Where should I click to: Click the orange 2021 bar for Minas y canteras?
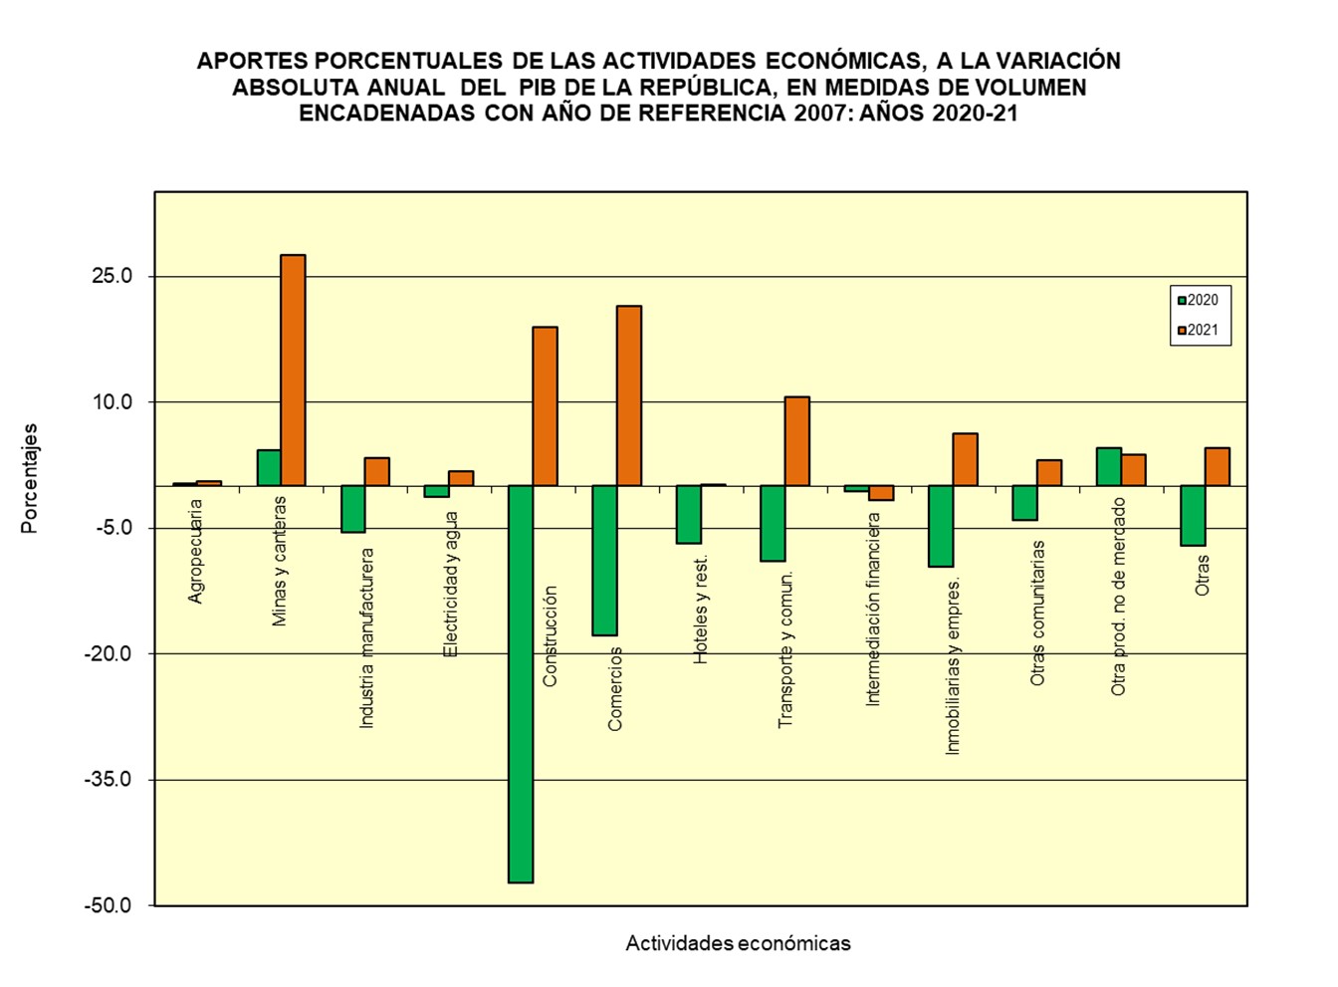pyautogui.click(x=293, y=370)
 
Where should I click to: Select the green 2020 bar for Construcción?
pyautogui.click(x=521, y=683)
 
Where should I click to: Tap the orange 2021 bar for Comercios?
pyautogui.click(x=629, y=395)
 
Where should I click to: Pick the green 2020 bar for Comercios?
pyautogui.click(x=604, y=560)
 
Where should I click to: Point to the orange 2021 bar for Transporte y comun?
pyautogui.click(x=797, y=441)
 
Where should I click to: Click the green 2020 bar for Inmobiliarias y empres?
pyautogui.click(x=941, y=526)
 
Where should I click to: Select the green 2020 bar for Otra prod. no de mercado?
pyautogui.click(x=1109, y=467)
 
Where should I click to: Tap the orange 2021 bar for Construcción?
pyautogui.click(x=546, y=406)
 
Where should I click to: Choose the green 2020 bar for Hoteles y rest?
pyautogui.click(x=689, y=514)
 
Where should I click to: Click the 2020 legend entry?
pyautogui.click(x=1198, y=300)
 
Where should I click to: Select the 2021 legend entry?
pyautogui.click(x=1198, y=331)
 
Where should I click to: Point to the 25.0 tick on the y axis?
pyautogui.click(x=112, y=276)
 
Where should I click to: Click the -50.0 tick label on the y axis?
pyautogui.click(x=109, y=905)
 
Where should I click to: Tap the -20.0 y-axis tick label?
pyautogui.click(x=109, y=653)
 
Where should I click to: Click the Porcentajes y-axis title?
pyautogui.click(x=30, y=478)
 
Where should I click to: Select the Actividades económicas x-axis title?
pyautogui.click(x=738, y=943)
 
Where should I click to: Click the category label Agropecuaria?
pyautogui.click(x=196, y=551)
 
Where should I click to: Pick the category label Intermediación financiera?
pyautogui.click(x=873, y=610)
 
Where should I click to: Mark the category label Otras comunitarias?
pyautogui.click(x=1038, y=613)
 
